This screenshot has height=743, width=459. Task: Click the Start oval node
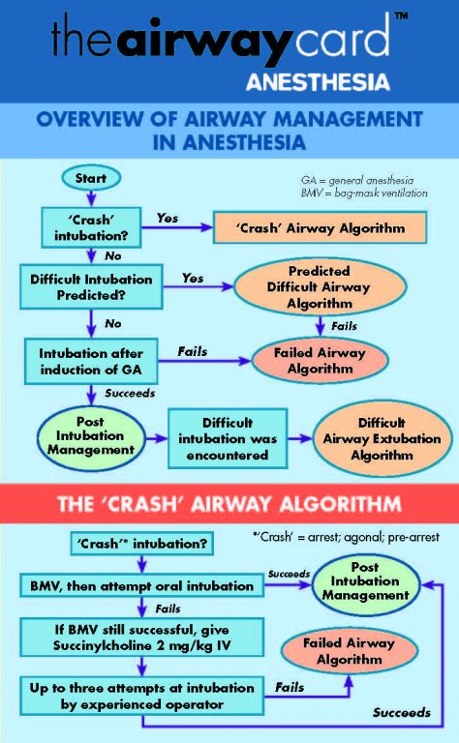pyautogui.click(x=90, y=178)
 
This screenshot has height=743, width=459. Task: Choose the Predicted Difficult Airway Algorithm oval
pyautogui.click(x=319, y=286)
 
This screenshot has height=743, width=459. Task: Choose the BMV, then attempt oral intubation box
pyautogui.click(x=138, y=585)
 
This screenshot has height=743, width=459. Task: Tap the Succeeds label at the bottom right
pyautogui.click(x=401, y=712)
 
